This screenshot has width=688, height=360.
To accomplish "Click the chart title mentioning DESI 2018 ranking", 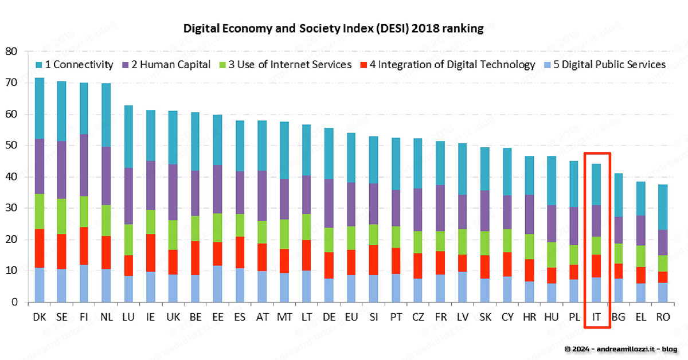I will [333, 29].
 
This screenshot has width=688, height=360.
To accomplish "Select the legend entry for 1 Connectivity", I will [74, 64].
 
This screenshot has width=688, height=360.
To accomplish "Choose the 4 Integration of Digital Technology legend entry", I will [447, 64].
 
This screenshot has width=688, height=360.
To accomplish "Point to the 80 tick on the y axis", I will [13, 52].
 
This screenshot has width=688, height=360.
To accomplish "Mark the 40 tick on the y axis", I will [13, 177].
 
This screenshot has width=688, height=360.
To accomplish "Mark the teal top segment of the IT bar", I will [596, 185].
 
